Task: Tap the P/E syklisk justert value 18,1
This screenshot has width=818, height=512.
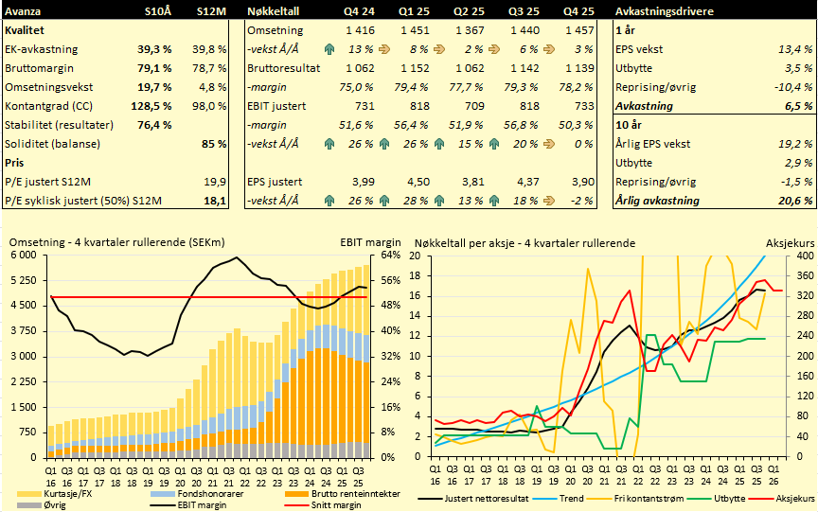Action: pos(215,201)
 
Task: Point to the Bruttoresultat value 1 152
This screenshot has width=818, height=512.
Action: pos(417,68)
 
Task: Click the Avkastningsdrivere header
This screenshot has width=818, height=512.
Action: pos(661,10)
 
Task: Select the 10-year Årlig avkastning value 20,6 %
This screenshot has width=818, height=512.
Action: pos(794,201)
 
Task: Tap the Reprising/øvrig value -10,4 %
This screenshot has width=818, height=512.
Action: pos(792,87)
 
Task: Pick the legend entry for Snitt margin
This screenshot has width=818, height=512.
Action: pos(324,506)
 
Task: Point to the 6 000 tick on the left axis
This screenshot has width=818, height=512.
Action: pos(23,256)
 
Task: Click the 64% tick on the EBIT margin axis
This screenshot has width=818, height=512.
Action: pos(392,256)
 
